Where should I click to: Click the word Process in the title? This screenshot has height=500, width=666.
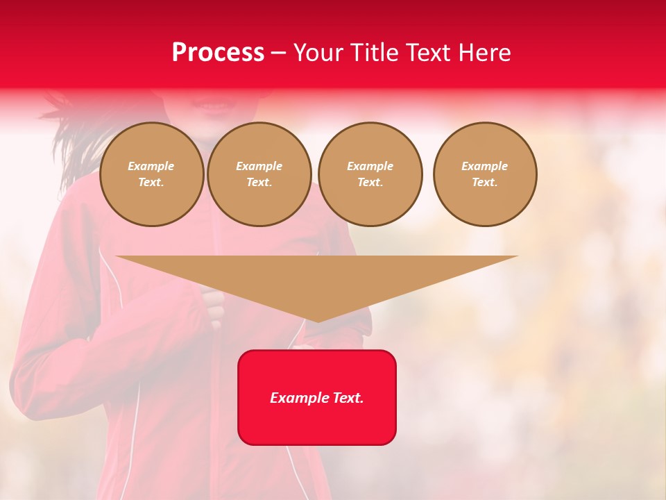point(218,53)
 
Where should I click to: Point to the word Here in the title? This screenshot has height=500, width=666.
point(484,53)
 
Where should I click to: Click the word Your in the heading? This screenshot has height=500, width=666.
point(318,53)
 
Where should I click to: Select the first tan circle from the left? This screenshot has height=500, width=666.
point(151,174)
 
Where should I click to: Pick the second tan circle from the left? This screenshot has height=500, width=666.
point(259,174)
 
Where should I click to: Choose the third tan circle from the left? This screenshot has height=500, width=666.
point(370,174)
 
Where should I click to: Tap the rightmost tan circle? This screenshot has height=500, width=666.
point(485,174)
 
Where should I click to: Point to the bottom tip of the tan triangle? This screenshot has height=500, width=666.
point(318,321)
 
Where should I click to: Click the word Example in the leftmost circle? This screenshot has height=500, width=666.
point(151,166)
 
